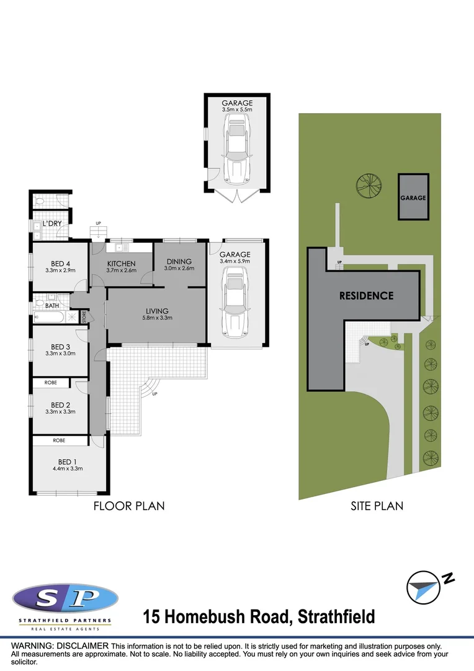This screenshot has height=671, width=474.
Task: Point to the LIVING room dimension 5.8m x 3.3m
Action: pyautogui.click(x=157, y=318)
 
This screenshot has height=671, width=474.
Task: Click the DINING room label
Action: pyautogui.click(x=179, y=261)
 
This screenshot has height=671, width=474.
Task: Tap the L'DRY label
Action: pyautogui.click(x=53, y=223)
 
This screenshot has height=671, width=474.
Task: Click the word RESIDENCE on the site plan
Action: pyautogui.click(x=366, y=296)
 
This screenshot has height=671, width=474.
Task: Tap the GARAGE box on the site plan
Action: pyautogui.click(x=413, y=198)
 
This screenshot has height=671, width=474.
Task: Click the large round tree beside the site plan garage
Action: pyautogui.click(x=368, y=185)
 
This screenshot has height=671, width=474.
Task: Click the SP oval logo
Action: pyautogui.click(x=65, y=600)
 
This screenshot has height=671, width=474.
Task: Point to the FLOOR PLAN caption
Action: pyautogui.click(x=129, y=506)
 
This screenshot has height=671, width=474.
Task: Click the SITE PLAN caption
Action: pyautogui.click(x=377, y=506)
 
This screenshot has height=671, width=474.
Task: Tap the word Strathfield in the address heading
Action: pyautogui.click(x=336, y=617)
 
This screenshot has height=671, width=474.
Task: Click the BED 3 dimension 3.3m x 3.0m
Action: pyautogui.click(x=60, y=354)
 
